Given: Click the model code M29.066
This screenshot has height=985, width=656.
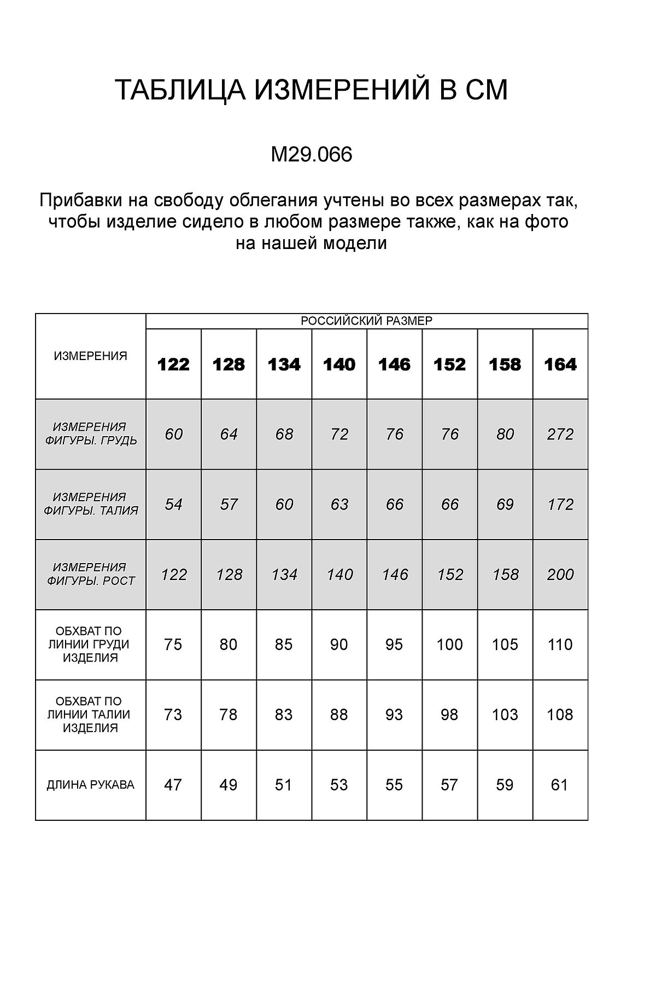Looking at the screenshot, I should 312,155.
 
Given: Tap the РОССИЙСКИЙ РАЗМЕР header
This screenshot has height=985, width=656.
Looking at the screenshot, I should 366,321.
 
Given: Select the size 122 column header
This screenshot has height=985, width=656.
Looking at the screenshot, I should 173,364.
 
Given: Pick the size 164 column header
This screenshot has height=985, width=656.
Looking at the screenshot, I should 560,364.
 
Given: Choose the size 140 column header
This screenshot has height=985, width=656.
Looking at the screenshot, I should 339,364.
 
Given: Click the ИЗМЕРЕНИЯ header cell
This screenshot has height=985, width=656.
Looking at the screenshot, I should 91,356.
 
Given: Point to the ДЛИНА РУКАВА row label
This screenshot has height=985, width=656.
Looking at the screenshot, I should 91,785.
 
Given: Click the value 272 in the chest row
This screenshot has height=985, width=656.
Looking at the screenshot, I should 560,434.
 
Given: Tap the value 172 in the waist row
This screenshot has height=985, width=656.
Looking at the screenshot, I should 560,505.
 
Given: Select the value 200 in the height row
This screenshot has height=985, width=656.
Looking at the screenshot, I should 560,575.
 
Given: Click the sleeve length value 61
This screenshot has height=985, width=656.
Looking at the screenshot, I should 560,785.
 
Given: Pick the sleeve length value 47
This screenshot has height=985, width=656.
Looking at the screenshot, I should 173,785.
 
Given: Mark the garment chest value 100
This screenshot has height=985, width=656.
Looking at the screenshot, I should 449,645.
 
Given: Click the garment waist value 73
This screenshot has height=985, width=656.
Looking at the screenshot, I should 173,715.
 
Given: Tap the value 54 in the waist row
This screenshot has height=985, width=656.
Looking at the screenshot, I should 173,505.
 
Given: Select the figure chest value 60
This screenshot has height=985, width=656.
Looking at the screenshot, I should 173,434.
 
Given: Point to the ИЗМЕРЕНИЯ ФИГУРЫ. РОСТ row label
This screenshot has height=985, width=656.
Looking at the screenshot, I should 91,574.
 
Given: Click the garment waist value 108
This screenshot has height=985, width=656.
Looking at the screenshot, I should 560,715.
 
